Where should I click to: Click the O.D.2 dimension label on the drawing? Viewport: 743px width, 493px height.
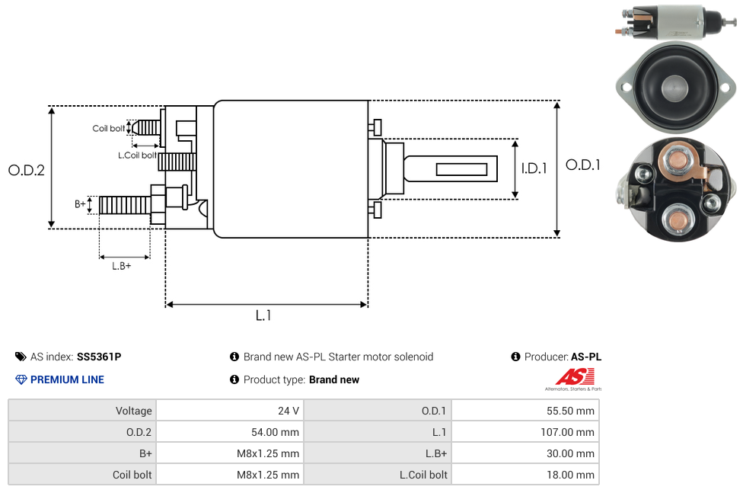[x=27, y=171]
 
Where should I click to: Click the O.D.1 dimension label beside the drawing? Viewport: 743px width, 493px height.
[x=583, y=165]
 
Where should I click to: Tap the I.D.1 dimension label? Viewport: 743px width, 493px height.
[x=534, y=168]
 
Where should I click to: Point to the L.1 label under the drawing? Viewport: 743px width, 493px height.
[x=263, y=315]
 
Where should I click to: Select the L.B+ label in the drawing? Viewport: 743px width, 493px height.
[x=122, y=266]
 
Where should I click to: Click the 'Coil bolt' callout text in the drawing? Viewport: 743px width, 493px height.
[x=109, y=128]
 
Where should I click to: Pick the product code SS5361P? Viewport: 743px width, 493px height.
[x=99, y=357]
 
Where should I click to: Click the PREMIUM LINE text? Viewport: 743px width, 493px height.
[x=67, y=379]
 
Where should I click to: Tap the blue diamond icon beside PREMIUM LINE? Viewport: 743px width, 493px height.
[x=21, y=379]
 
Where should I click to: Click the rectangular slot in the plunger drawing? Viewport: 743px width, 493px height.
[x=461, y=168]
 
